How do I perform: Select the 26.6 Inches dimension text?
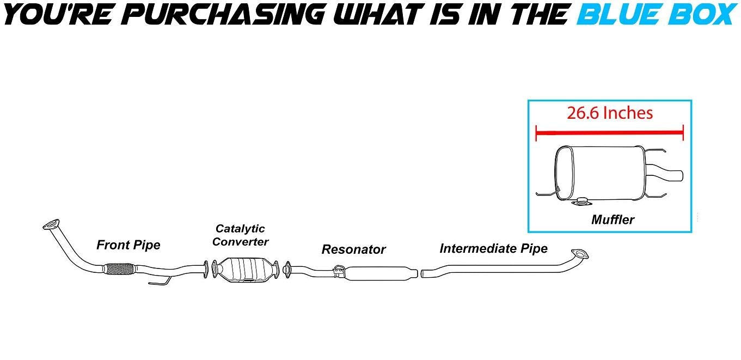pos(609,113)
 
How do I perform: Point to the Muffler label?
pos(613,220)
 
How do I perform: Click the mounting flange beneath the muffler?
pos(583,204)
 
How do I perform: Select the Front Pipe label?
pos(128,245)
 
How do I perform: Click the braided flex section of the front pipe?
pos(118,269)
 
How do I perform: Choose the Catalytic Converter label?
pos(240,235)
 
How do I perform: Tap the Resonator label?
pos(353,249)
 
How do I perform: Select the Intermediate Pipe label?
pos(493,248)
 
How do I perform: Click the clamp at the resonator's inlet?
pos(338,271)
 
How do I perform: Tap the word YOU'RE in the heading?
pos(41,14)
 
